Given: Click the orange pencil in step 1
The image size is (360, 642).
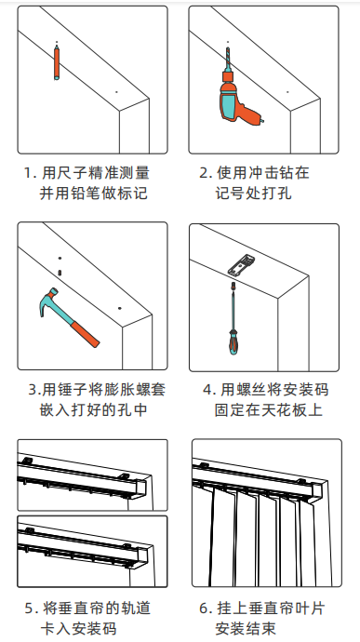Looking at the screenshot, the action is [57, 62].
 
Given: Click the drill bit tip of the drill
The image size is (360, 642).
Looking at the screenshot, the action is [228, 48].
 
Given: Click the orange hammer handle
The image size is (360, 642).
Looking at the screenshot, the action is [85, 334].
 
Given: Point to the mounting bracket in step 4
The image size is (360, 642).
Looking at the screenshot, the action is [242, 265].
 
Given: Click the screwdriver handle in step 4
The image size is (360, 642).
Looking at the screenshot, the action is [233, 341].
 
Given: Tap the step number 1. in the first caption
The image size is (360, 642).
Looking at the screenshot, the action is [30, 173].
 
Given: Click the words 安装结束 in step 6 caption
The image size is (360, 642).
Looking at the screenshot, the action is [247, 629].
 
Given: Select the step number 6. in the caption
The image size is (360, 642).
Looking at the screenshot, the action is [205, 609].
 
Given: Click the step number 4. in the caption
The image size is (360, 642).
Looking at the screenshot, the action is [209, 390].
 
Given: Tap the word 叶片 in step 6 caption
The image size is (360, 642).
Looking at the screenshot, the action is [307, 609].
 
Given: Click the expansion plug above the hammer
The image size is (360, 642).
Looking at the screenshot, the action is [60, 273].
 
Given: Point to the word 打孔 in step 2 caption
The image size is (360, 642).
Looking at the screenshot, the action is [274, 194].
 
